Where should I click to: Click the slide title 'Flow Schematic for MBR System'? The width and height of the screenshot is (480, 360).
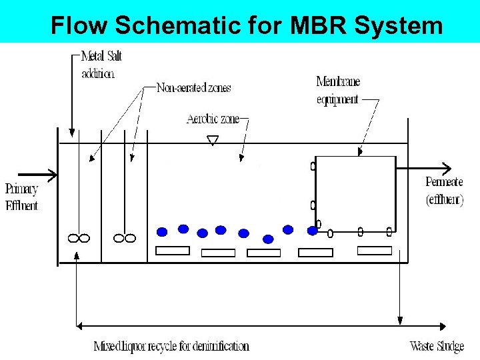(247, 25)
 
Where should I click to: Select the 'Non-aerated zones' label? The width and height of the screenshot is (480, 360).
(193, 87)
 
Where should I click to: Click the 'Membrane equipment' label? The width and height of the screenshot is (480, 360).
(339, 91)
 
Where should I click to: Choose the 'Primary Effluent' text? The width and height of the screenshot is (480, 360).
(22, 197)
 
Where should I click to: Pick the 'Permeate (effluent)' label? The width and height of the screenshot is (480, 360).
(444, 191)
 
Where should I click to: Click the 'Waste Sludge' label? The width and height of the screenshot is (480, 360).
(437, 346)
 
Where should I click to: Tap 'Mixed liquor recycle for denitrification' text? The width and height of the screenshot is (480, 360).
(171, 346)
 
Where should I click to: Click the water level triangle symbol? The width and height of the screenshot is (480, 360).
(212, 140)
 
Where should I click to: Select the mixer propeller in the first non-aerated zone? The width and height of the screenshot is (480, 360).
(79, 238)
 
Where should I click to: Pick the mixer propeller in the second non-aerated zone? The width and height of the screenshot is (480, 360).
(124, 238)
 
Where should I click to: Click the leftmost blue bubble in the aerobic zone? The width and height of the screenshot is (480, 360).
(161, 232)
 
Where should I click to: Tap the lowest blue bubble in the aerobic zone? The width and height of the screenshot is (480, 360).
(268, 239)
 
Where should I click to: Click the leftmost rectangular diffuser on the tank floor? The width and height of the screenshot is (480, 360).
(172, 251)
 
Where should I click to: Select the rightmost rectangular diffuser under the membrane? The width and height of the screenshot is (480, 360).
(374, 251)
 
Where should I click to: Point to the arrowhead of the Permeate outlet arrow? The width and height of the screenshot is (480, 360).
(447, 169)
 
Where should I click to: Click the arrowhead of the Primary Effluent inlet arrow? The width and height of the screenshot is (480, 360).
(53, 176)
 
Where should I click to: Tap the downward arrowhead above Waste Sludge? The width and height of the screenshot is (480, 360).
(400, 320)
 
